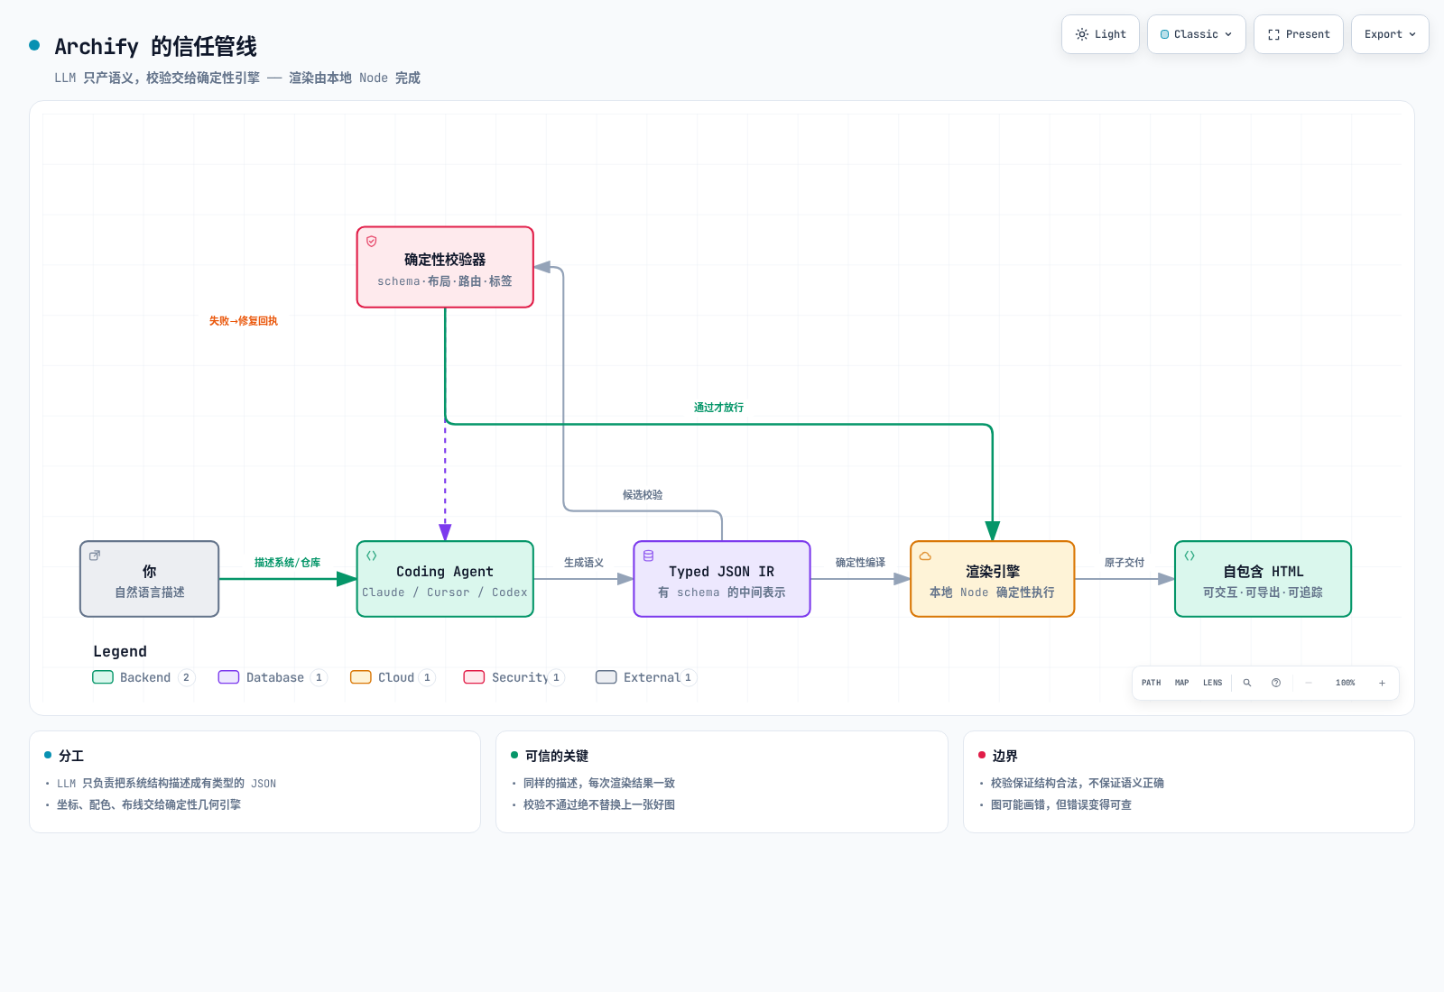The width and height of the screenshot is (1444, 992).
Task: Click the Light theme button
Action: (x=1100, y=34)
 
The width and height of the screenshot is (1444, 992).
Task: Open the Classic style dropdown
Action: (x=1196, y=34)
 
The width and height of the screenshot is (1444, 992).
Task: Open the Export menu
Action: (x=1389, y=34)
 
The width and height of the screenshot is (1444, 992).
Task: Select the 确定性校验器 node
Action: (x=445, y=267)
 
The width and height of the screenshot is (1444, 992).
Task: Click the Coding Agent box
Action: (x=445, y=578)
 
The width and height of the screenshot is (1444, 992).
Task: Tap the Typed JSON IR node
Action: (x=721, y=578)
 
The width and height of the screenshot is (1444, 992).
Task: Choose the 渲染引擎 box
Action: (x=992, y=578)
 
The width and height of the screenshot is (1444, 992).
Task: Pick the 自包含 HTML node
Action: (x=1263, y=578)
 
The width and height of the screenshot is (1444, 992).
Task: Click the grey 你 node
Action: (x=150, y=578)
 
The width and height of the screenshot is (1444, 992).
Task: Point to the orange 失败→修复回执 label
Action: (x=243, y=321)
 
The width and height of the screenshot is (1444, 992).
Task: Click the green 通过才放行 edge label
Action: (x=718, y=407)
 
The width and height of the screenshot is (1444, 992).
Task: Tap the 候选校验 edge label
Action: (x=642, y=495)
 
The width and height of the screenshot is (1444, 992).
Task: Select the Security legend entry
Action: (x=514, y=677)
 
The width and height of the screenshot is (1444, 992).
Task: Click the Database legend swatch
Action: (x=228, y=677)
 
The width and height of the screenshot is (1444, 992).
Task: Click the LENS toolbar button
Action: (x=1212, y=683)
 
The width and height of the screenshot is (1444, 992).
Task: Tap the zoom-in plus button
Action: (x=1382, y=683)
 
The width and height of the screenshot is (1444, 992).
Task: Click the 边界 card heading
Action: (x=1004, y=756)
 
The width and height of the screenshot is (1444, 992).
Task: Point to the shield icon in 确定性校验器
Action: (x=371, y=241)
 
